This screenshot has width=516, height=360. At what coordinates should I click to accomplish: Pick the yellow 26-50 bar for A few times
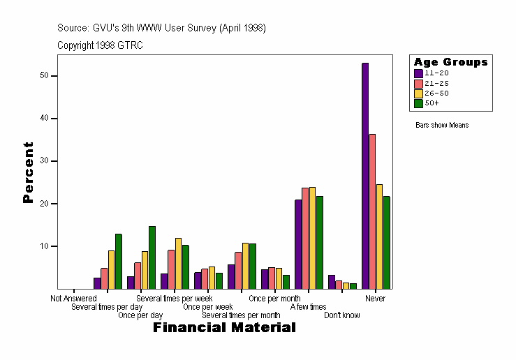point(313,238)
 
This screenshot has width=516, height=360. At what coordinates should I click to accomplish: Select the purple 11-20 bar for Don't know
point(332,282)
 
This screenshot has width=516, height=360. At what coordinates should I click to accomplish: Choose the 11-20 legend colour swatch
point(418,73)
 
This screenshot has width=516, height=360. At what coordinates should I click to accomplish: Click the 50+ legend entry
point(432,103)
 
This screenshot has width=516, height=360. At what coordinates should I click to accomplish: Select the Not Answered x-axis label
point(73,299)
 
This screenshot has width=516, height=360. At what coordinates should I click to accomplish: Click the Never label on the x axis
point(375,299)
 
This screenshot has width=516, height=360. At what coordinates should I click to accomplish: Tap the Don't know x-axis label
point(342,315)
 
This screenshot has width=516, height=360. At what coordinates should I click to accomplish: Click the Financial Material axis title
point(224,328)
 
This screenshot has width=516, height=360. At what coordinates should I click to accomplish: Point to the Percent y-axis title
point(28,172)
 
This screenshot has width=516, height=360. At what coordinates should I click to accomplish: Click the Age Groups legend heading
point(450,62)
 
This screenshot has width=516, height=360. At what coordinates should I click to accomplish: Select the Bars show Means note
point(442,126)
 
